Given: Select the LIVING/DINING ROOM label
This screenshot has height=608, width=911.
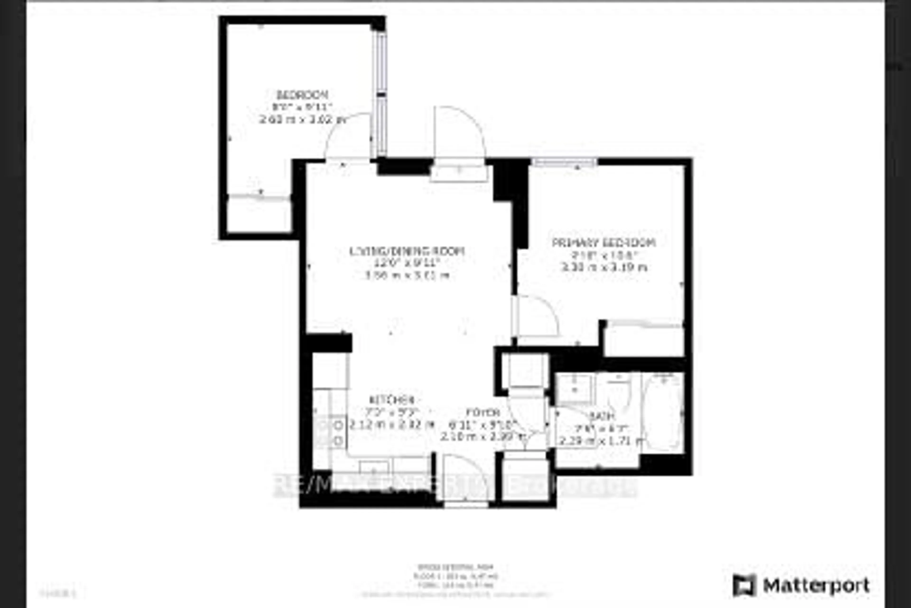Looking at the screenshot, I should point(407,251).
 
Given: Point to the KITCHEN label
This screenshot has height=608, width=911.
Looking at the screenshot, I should point(392,400).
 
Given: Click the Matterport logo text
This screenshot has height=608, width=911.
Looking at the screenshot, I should point(817,585).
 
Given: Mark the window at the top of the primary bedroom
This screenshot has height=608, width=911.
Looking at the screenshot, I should point(564,162).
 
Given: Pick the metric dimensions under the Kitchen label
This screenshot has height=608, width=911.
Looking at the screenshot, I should point(391,425).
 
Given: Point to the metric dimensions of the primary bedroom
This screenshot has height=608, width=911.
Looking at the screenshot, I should point(604,267).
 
